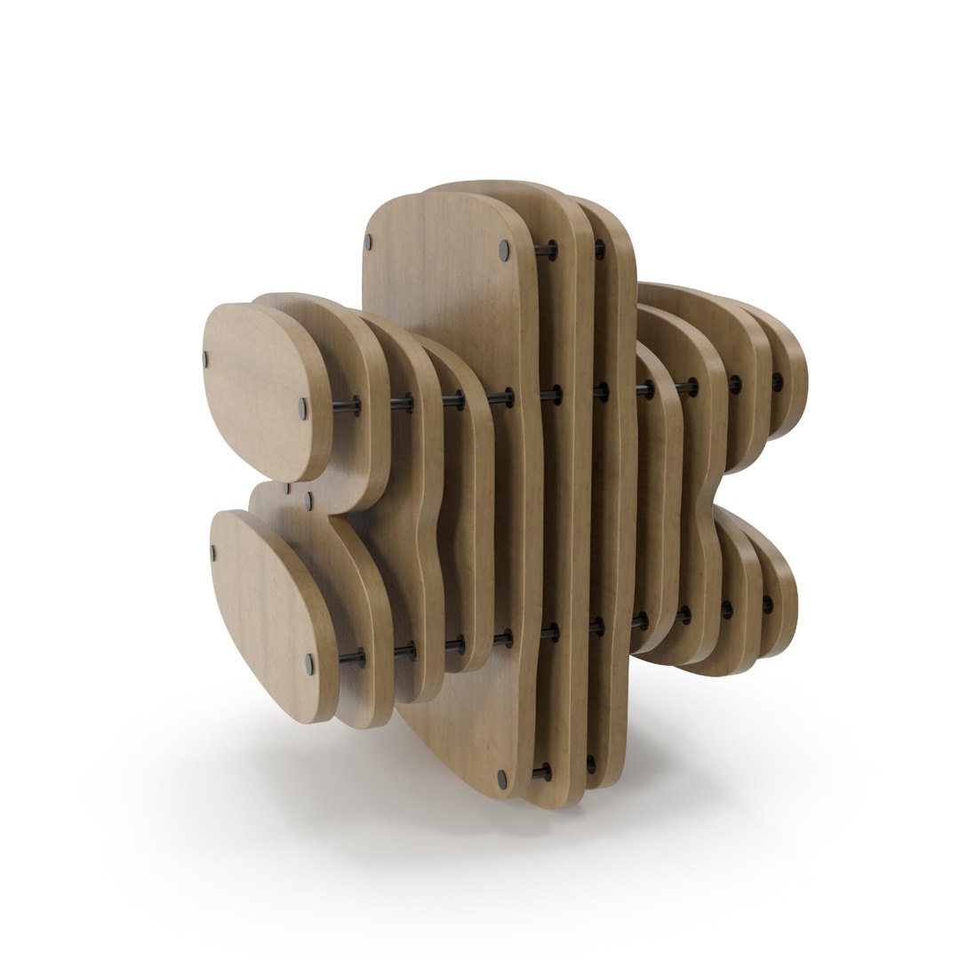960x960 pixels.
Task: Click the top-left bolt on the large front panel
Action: coord(367,241)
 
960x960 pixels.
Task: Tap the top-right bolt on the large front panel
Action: coord(505,248)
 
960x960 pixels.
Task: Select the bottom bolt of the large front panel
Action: coord(502,780)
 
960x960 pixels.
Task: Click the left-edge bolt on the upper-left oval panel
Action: coord(205,359)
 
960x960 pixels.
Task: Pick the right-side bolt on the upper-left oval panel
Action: coord(303,409)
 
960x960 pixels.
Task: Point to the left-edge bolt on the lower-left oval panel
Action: coord(213,552)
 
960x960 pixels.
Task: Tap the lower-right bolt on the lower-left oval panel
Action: coord(309,663)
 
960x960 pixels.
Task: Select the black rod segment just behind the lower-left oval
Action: coord(352,659)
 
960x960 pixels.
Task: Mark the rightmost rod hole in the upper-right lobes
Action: coord(777,383)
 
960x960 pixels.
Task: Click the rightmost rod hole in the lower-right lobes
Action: coord(767,605)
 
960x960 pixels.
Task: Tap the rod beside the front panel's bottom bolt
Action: coord(540,773)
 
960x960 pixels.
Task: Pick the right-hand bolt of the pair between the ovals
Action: coord(308,500)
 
